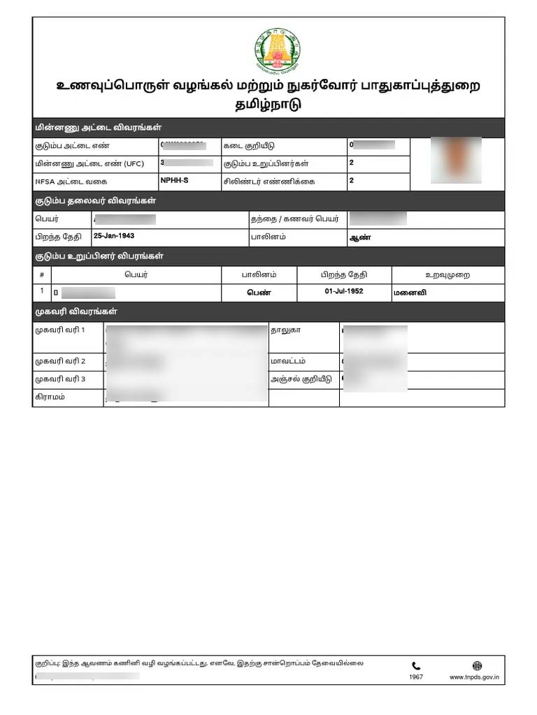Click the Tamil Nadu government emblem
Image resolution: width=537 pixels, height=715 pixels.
[277, 51]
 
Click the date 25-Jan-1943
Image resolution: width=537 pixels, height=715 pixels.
[114, 236]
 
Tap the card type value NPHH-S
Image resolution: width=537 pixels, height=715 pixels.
[174, 180]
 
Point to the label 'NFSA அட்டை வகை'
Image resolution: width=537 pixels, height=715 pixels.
[66, 182]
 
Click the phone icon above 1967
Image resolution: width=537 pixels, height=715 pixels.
[416, 666]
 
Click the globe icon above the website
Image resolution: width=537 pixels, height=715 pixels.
[477, 666]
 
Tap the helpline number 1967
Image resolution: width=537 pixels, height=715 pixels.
[416, 677]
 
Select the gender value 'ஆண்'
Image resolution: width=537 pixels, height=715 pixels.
[359, 237]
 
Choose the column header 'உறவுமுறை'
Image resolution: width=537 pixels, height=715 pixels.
[447, 275]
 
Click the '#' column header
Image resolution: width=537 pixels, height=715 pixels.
[42, 275]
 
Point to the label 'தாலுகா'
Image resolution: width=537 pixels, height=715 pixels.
[285, 329]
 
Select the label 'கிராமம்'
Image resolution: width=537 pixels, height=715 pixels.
[50, 397]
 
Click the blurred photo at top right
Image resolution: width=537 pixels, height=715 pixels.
[455, 160]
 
